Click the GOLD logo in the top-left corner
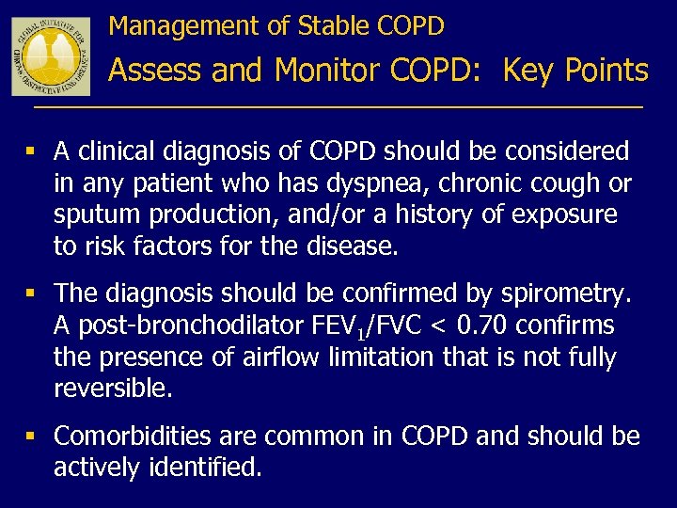(x=51, y=56)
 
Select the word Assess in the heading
(x=155, y=71)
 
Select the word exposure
(x=563, y=214)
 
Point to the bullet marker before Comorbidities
(x=33, y=436)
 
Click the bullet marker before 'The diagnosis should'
(x=33, y=294)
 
